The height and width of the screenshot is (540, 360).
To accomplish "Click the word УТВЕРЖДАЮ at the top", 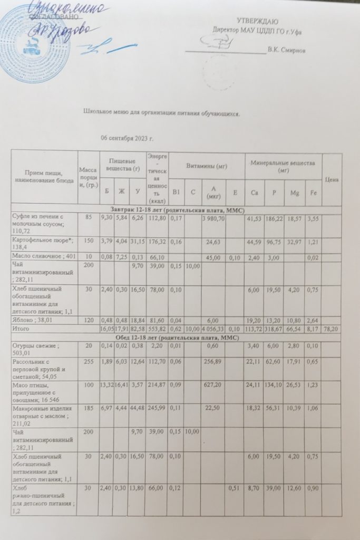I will coord(257,21).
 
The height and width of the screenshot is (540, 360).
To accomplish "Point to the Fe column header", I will coord(313,194).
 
